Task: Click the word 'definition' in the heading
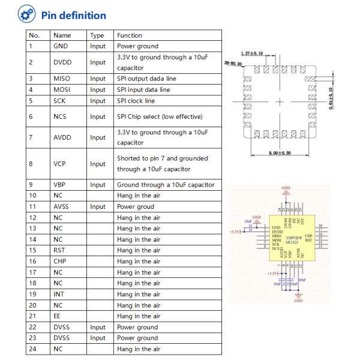(83, 16)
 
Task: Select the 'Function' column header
(130, 35)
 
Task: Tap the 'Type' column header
(97, 35)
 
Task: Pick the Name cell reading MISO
(62, 79)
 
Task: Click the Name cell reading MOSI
(62, 89)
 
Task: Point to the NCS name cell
(61, 116)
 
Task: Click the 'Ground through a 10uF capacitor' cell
(165, 184)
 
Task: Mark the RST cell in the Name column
(59, 250)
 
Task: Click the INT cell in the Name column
(58, 294)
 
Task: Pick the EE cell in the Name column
(57, 316)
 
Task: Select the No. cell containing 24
(34, 349)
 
